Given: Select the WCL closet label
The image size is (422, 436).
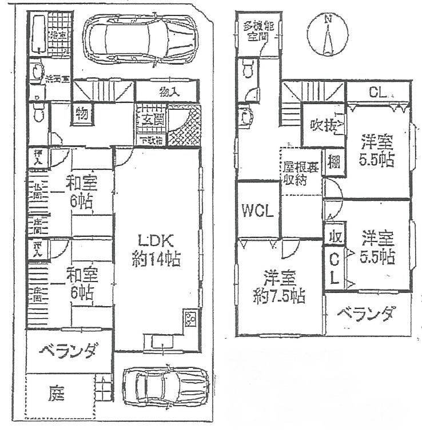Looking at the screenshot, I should point(257,210).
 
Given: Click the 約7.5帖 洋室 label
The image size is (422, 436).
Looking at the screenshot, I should point(280,288).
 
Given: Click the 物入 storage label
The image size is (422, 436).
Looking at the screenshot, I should point(168,92).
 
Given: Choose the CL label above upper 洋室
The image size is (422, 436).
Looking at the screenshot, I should point(376,92).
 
